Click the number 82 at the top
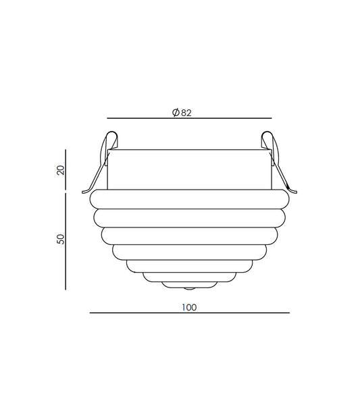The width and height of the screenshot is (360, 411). click(187, 113)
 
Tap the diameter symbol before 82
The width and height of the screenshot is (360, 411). click(176, 113)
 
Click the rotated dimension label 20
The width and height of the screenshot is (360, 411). click(60, 169)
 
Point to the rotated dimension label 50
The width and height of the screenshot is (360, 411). click(60, 240)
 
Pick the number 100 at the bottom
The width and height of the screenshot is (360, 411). click(188, 307)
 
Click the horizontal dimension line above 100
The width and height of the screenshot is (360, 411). click(188, 313)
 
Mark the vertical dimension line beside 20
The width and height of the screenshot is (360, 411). click(66, 169)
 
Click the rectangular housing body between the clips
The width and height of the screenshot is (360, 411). click(188, 169)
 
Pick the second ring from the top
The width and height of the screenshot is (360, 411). click(188, 217)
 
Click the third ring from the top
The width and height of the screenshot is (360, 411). click(188, 236)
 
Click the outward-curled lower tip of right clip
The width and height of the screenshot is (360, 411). click(292, 191)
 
